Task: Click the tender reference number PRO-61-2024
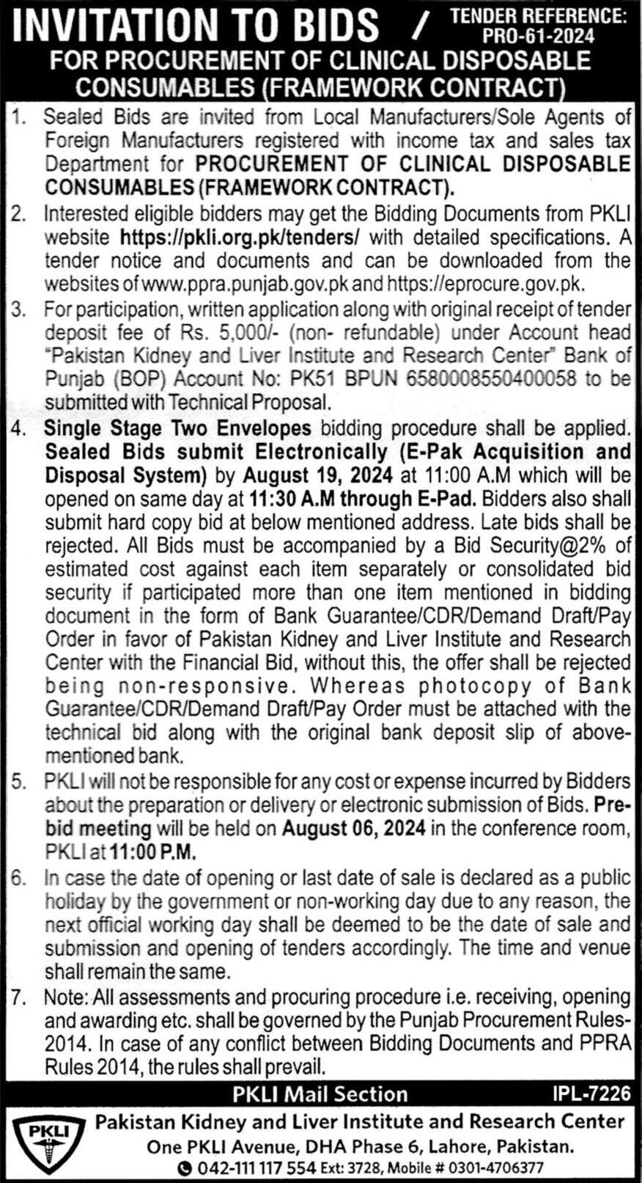(x=538, y=35)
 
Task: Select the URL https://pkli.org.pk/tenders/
(x=240, y=238)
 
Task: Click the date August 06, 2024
(x=354, y=829)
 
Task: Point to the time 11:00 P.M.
(x=153, y=852)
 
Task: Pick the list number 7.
(x=19, y=997)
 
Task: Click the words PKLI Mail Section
(x=320, y=1094)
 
